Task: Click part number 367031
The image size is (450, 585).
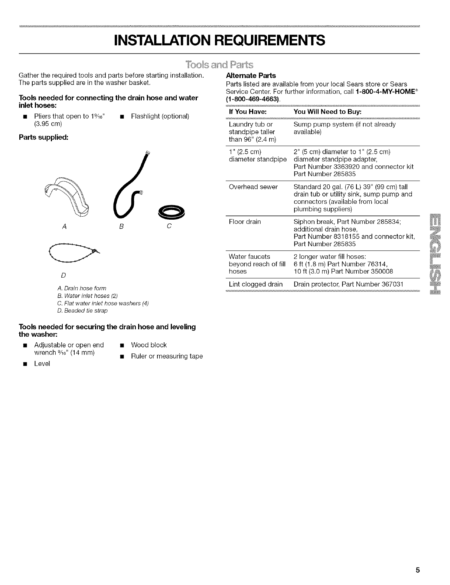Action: [x=388, y=284]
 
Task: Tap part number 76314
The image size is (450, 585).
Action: [x=375, y=264]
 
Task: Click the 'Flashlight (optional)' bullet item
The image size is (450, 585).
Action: [x=160, y=116]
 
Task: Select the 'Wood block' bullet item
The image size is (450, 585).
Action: [x=149, y=345]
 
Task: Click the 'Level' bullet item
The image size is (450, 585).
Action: [x=42, y=363]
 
